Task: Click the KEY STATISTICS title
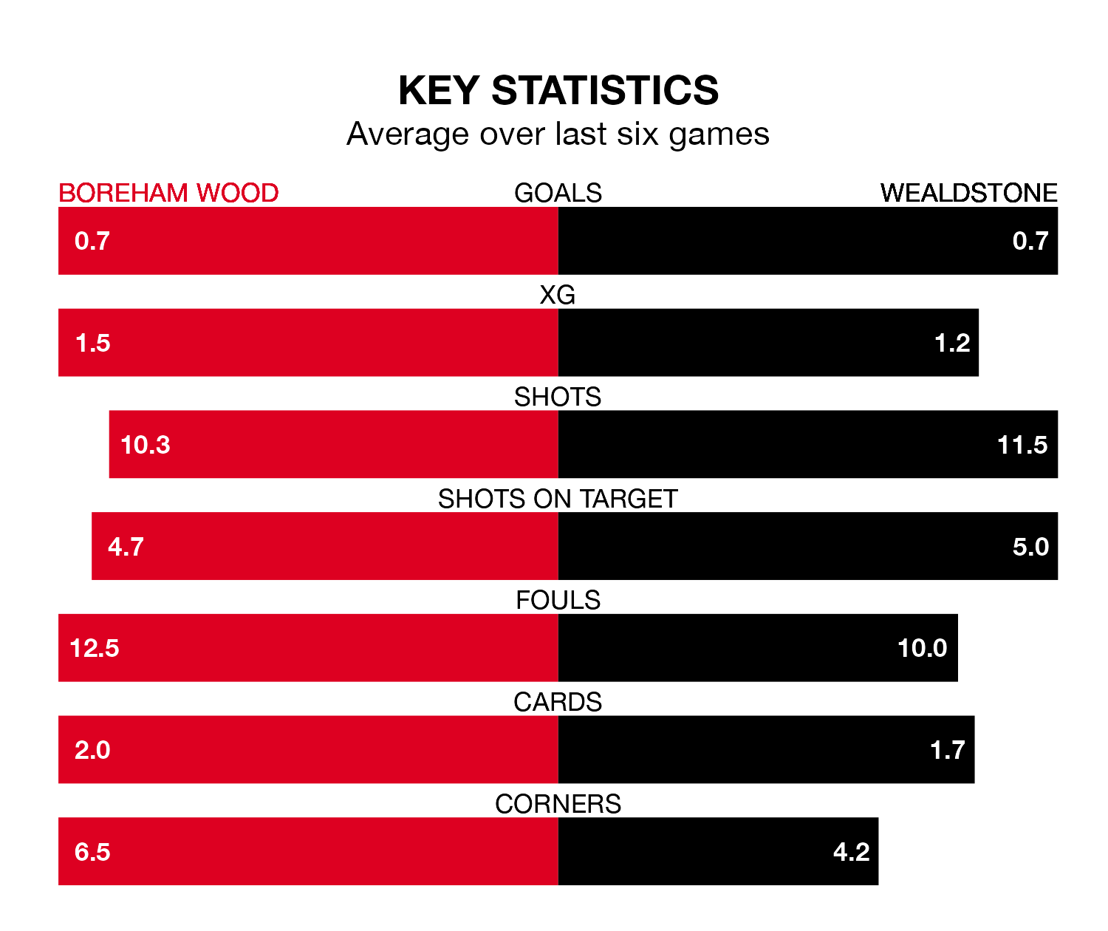[x=558, y=90]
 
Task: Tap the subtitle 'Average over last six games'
[x=558, y=134]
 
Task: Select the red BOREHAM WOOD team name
[x=168, y=193]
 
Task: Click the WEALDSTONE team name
[x=968, y=193]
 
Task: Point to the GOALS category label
[x=558, y=193]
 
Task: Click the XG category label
[x=558, y=295]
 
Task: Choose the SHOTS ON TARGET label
[x=558, y=499]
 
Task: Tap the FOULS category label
[x=558, y=600]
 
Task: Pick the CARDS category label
[x=558, y=702]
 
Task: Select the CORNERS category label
[x=558, y=804]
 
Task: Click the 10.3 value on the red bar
[x=146, y=445]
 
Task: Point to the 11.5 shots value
[x=1022, y=445]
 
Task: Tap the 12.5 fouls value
[x=95, y=648]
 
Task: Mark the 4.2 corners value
[x=851, y=852]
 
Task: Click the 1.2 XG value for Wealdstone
[x=952, y=343]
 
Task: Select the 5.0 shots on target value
[x=1030, y=547]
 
